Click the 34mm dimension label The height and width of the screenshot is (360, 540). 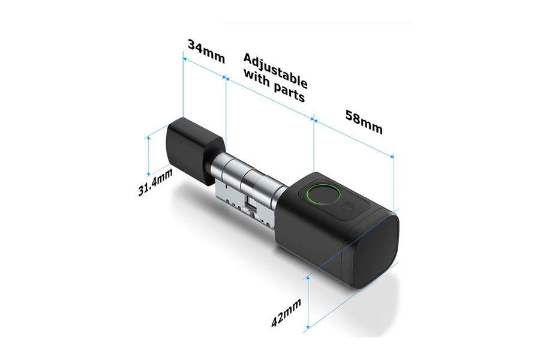[206, 52]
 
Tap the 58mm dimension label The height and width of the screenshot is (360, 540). [363, 122]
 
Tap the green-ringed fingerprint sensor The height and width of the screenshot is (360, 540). [323, 195]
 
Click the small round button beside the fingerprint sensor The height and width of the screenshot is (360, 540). [347, 207]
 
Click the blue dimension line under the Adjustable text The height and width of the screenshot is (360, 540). [270, 98]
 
